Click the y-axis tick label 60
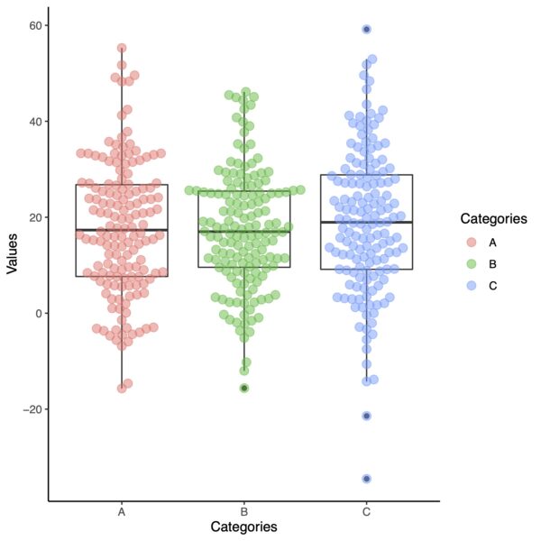point(32,25)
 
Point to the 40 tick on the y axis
point(32,121)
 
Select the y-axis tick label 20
point(32,217)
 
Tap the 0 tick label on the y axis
point(36,313)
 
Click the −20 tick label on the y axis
point(29,409)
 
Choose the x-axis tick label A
point(122,512)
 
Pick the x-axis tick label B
point(244,512)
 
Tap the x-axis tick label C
point(366,512)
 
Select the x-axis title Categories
point(243,527)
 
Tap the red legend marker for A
point(471,243)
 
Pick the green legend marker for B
point(471,263)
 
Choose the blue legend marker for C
point(471,285)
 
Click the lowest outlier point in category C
point(367,479)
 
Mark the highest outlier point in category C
point(367,29)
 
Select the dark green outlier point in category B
point(244,388)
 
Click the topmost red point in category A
point(122,48)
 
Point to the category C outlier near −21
point(367,416)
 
